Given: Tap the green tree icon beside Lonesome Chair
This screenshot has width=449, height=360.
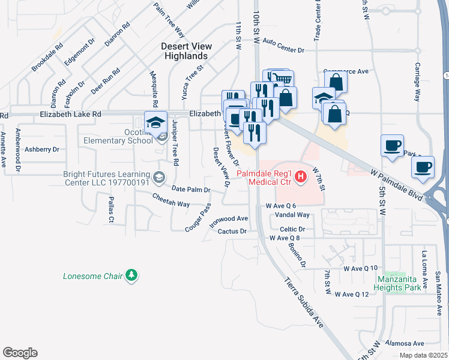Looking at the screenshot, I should point(132,276).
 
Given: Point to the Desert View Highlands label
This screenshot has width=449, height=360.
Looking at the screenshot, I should point(184,51).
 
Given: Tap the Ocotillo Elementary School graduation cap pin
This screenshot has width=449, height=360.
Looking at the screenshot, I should point(155,121).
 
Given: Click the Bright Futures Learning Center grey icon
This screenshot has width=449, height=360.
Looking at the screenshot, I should point(158,176).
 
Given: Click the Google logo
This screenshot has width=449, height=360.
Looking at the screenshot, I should point(20,353).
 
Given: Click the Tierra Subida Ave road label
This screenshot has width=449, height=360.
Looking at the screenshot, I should point(304,302).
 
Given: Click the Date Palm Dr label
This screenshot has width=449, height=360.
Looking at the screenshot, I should point(191,190).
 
